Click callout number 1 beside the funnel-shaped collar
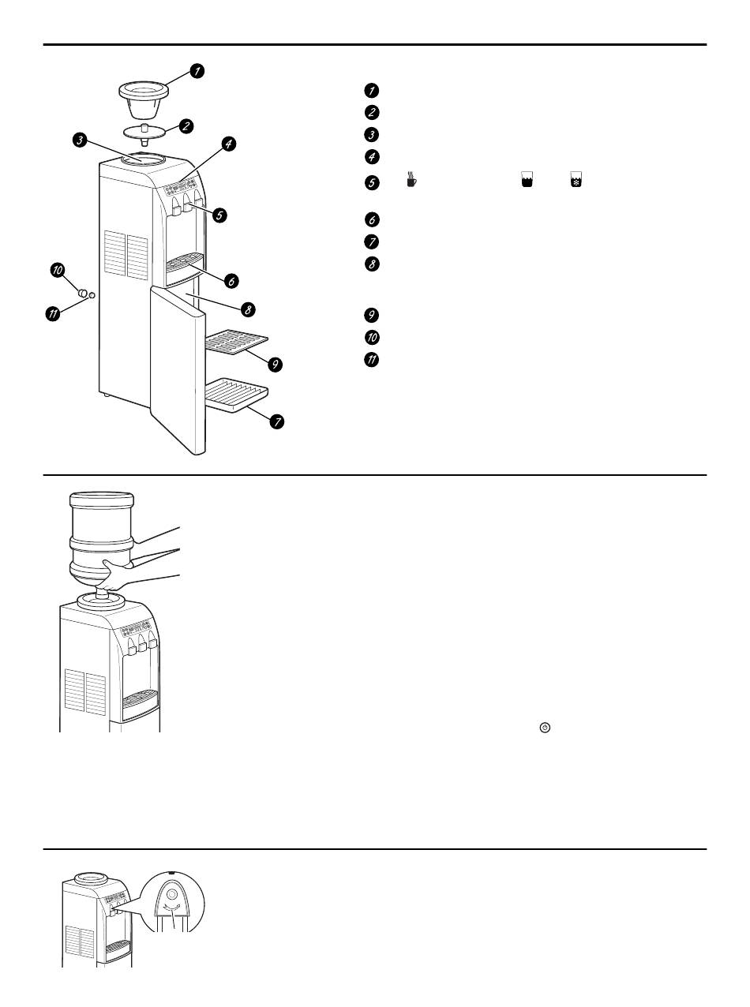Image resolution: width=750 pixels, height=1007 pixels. point(196,71)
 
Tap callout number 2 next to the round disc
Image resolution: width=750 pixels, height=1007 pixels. point(186,125)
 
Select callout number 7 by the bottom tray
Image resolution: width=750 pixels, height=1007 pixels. point(276,421)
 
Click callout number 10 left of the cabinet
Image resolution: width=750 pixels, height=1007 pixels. point(58,271)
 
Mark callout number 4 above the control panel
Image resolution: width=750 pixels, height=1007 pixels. point(227,144)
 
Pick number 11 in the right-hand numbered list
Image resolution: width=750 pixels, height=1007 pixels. point(373,360)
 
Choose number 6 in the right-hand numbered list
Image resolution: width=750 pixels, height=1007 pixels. point(373,220)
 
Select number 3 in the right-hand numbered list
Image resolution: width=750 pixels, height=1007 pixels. point(373,134)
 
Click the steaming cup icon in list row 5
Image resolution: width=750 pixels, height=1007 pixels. point(411,180)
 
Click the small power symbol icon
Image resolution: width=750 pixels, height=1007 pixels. point(544,727)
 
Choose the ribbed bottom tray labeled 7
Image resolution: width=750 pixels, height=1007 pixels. point(237,395)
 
